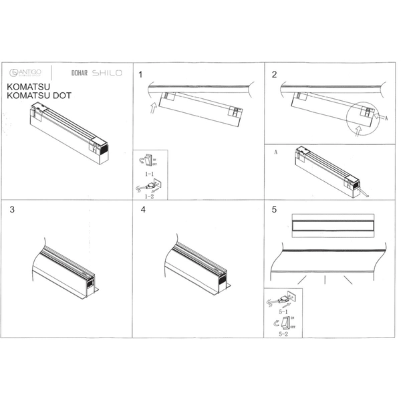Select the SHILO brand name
[x=107, y=72]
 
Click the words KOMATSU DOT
[x=38, y=96]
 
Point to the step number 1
[x=141, y=74]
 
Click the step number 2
[x=274, y=74]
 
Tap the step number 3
[x=13, y=209]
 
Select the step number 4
[x=143, y=209]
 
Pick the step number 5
[x=274, y=209]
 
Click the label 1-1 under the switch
[x=150, y=173]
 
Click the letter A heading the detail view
[x=275, y=152]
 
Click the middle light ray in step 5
[x=325, y=279]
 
